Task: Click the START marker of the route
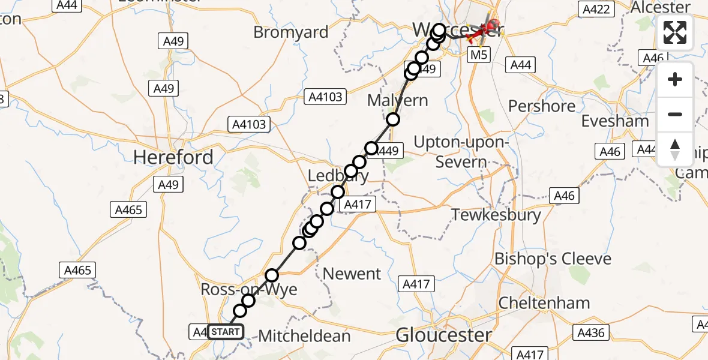click(x=226, y=331)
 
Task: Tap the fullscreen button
click(x=675, y=32)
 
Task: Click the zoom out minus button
click(x=675, y=114)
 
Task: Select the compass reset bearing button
click(x=675, y=149)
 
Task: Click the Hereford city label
click(x=173, y=157)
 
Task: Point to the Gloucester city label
click(x=444, y=335)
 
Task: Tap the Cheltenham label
click(x=543, y=302)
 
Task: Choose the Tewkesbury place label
click(x=496, y=215)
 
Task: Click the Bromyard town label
click(x=291, y=32)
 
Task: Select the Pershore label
click(x=542, y=106)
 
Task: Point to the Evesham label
click(x=615, y=121)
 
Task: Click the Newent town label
click(x=352, y=274)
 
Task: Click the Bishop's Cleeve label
click(x=553, y=259)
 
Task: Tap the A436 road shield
click(x=591, y=332)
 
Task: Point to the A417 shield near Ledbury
click(x=358, y=205)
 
